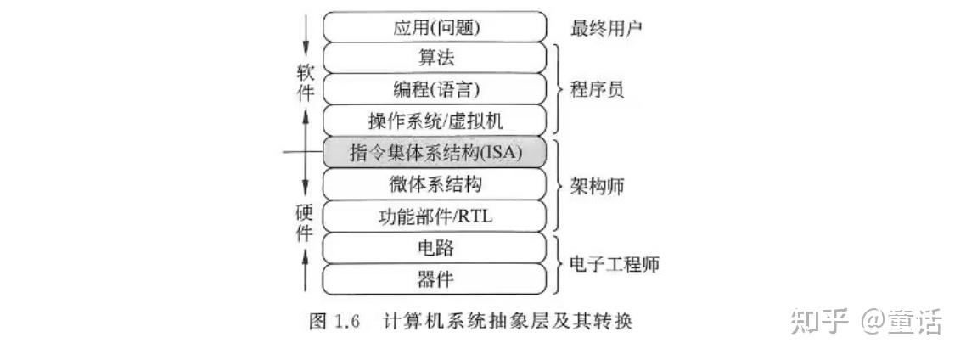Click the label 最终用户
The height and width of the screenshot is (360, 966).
[606, 28]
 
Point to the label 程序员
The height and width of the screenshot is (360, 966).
[597, 88]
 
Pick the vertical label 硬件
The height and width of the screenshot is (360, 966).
[306, 222]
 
